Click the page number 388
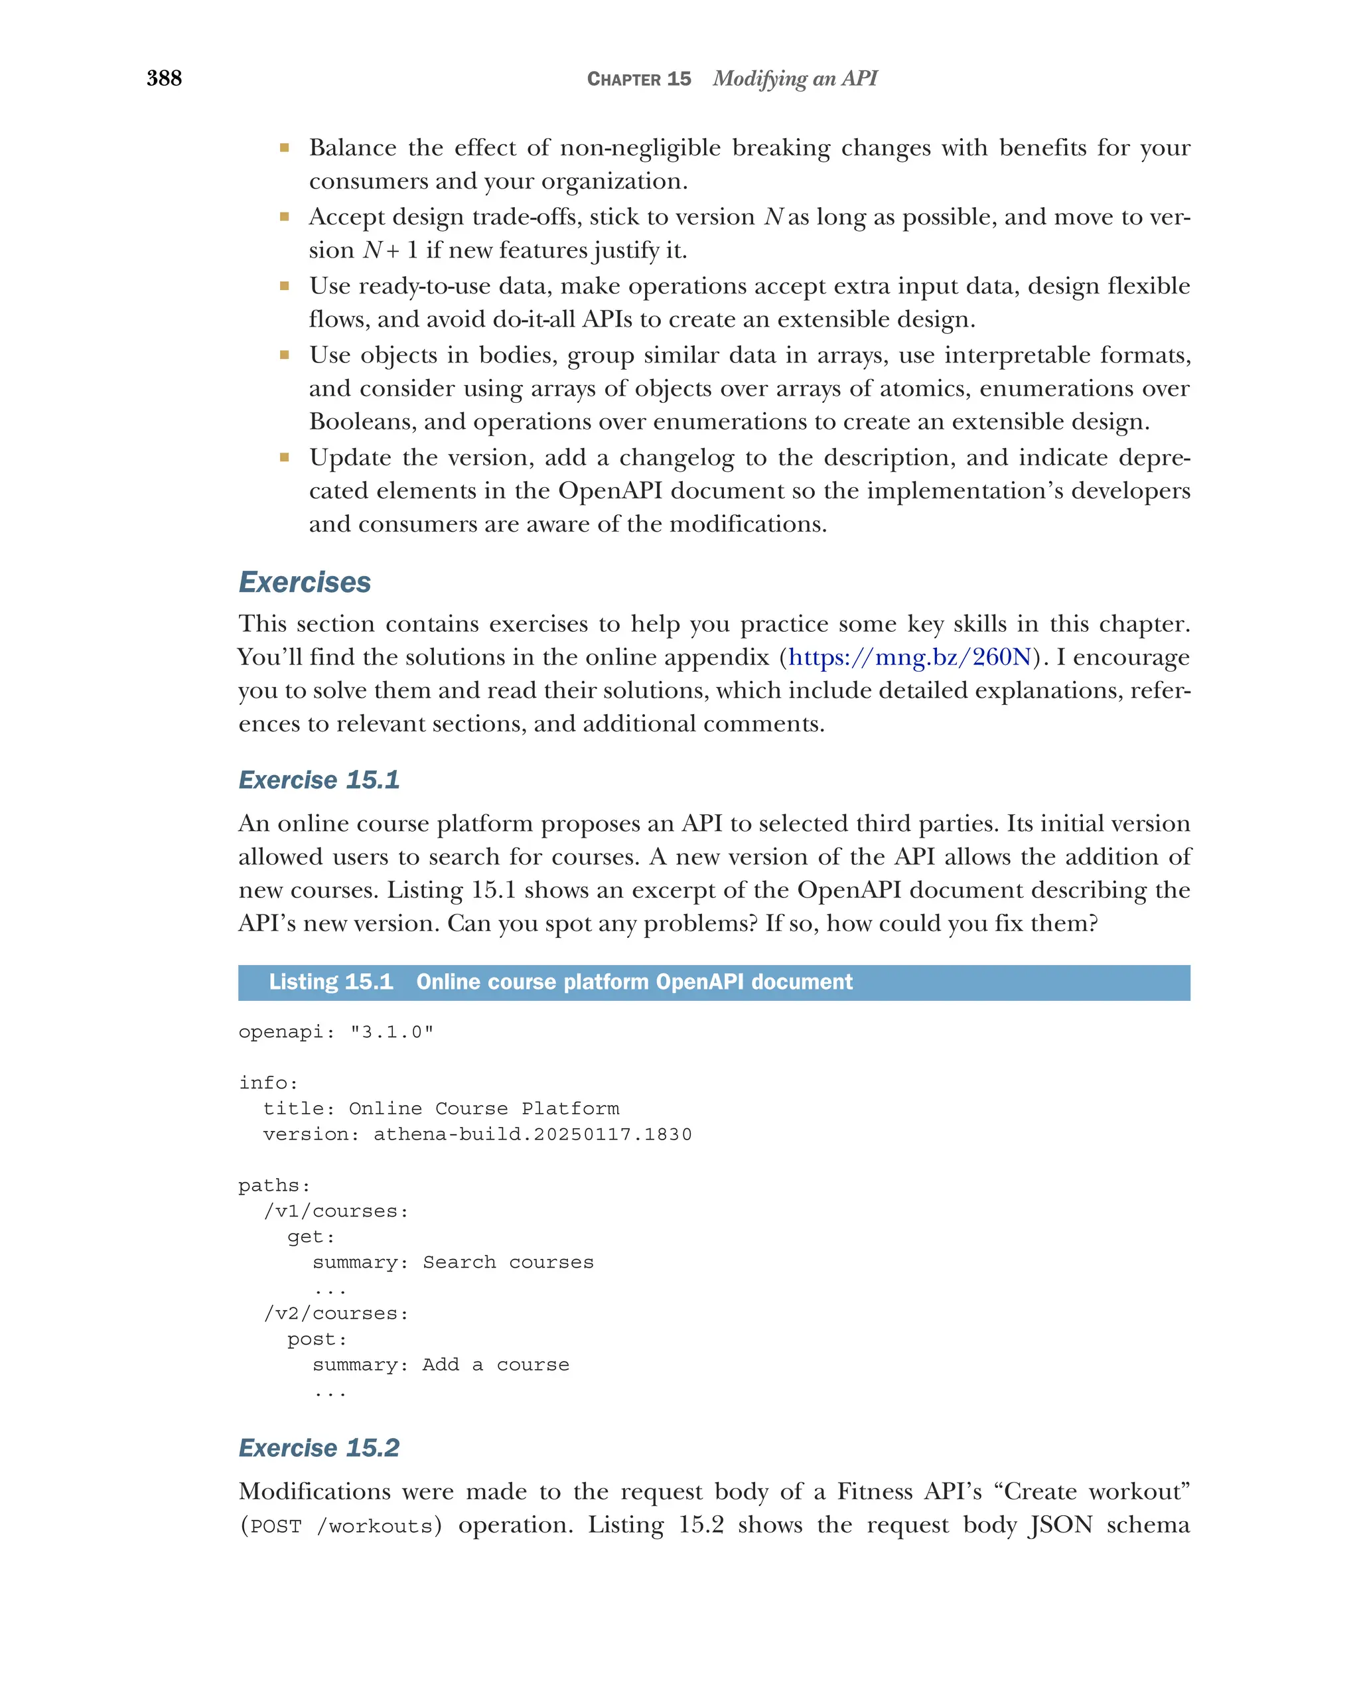[164, 78]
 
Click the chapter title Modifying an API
[794, 78]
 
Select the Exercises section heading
[305, 582]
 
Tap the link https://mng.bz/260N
[909, 657]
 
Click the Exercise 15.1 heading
[319, 780]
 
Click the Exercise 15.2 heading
[319, 1448]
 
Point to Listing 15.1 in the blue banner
[330, 982]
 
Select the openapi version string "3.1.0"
[392, 1032]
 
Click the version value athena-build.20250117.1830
[532, 1134]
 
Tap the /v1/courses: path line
[336, 1211]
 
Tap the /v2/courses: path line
[336, 1313]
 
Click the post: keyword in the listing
[317, 1339]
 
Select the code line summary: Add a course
[441, 1365]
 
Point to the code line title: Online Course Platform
[441, 1109]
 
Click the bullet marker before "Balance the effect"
[284, 148]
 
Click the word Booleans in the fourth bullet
[359, 421]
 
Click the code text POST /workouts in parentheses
[340, 1526]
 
